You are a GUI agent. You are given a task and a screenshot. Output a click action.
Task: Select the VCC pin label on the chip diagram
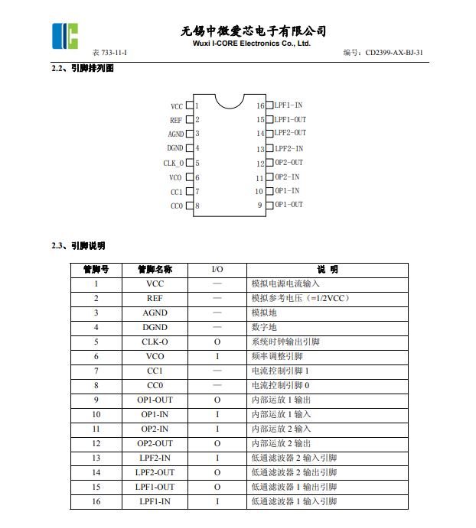coord(177,106)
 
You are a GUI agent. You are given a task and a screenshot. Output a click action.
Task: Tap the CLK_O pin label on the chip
coord(174,163)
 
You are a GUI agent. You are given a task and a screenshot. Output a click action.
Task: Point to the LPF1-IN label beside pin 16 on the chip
coord(289,105)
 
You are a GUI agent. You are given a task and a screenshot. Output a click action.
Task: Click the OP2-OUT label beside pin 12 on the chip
coord(289,163)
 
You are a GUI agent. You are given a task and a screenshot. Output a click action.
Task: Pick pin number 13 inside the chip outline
coord(260,149)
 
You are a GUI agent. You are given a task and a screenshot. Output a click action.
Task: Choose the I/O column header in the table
coord(217,269)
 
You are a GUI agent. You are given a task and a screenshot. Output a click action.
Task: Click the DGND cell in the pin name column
coord(155,327)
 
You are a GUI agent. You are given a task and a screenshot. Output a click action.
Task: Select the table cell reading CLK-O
coord(155,342)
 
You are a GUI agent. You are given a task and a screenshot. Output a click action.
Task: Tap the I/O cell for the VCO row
coord(217,356)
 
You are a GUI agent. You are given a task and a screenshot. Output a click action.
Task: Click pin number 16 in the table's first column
coord(96,501)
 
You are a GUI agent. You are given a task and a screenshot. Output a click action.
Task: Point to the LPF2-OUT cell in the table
coord(155,472)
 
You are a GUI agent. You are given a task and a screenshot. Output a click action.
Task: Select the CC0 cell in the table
coord(155,385)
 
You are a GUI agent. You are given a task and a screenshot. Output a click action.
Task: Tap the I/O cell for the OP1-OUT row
coord(217,400)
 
